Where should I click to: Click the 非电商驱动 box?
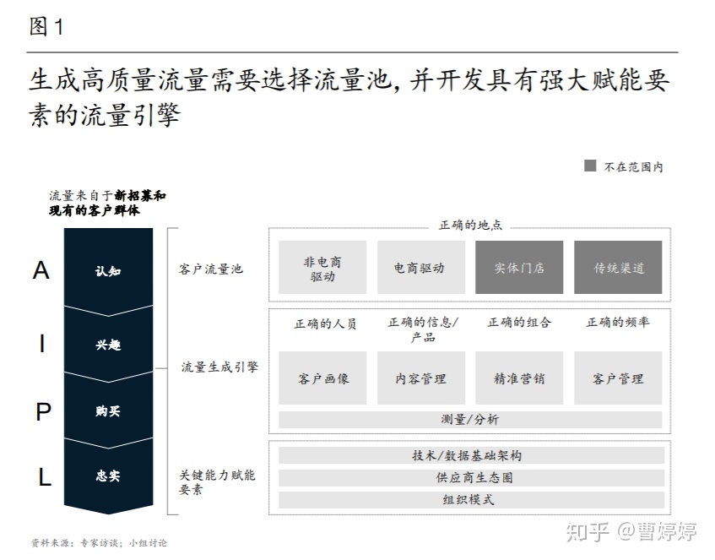322,268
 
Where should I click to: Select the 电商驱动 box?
421,268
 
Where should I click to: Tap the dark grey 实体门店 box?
519,268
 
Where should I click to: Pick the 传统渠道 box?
618,268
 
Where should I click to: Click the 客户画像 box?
322,378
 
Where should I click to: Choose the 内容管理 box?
421,378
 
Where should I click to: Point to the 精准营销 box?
519,378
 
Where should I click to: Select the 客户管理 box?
618,378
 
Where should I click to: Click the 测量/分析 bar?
470,420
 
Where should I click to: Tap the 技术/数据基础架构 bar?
472,455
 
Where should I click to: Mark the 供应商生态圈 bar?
472,478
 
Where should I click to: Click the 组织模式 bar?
472,500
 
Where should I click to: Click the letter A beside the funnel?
41,270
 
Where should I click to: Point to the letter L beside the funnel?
44,477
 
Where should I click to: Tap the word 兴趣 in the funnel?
108,345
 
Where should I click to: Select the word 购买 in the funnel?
108,411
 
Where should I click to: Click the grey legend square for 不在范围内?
590,166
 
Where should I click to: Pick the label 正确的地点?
470,225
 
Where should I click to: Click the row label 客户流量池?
211,269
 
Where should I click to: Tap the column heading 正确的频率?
618,322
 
